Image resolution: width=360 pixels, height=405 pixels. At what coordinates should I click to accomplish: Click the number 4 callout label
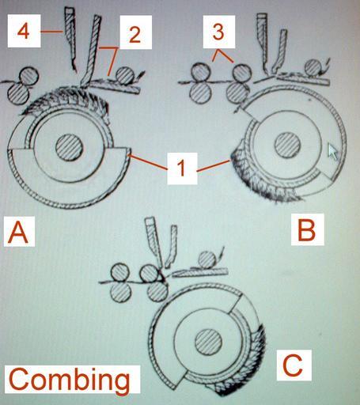(x=24, y=32)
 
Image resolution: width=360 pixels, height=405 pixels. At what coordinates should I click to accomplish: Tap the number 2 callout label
(x=135, y=32)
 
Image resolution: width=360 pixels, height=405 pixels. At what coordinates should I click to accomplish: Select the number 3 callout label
(x=218, y=32)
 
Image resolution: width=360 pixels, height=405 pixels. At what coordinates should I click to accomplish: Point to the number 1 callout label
(x=182, y=168)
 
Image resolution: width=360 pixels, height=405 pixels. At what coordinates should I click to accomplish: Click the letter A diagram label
(x=18, y=232)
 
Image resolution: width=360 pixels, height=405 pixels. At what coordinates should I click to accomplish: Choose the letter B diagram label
(x=307, y=229)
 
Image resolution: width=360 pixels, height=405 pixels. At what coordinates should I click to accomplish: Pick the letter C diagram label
(x=294, y=365)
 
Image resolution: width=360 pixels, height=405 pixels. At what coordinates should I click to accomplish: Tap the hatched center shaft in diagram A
(x=69, y=147)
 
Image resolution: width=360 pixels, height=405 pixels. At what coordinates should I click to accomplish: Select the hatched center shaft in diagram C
(x=208, y=342)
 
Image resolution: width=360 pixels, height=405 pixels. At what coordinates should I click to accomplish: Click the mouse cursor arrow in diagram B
(x=332, y=151)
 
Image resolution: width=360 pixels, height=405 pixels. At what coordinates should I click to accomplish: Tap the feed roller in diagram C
(x=207, y=260)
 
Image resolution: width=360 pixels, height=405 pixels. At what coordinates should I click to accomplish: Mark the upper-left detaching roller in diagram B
(x=201, y=73)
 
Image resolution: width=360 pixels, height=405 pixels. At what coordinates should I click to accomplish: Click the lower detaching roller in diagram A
(x=18, y=94)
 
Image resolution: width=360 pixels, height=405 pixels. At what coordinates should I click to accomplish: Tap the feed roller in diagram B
(x=313, y=68)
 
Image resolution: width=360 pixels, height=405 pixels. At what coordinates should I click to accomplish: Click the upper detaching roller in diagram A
(x=29, y=76)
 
